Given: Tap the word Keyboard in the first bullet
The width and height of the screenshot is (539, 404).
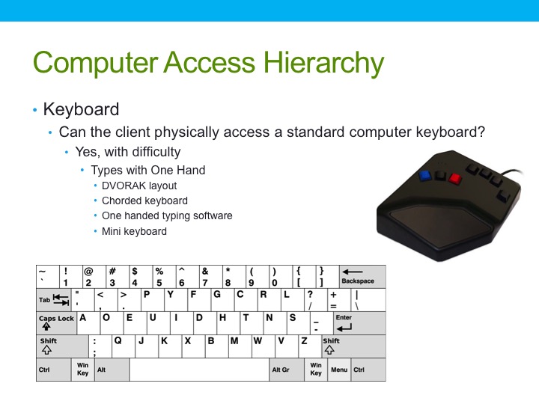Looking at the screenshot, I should coord(81,110).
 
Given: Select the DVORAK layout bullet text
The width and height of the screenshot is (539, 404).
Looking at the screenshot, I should coord(134,186).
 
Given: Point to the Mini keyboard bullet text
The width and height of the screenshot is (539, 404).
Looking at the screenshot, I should coord(134,231).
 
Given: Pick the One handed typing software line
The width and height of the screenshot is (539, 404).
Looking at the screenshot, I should coord(167,215).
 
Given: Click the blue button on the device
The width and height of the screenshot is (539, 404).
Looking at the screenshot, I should coord(427,176).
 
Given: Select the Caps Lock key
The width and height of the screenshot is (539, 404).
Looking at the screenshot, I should coord(57,323).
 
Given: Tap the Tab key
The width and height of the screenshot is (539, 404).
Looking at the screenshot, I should coord(54,300).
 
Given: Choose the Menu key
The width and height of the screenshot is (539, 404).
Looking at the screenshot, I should coord(339,370).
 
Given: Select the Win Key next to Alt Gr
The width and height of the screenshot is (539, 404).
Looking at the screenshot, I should coord(316,370).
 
